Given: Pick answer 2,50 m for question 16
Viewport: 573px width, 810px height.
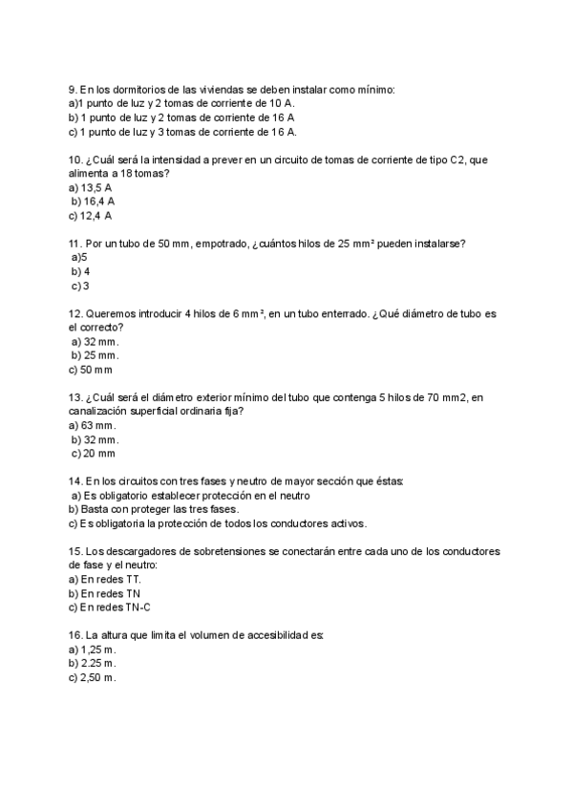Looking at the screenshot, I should coord(93,677).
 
